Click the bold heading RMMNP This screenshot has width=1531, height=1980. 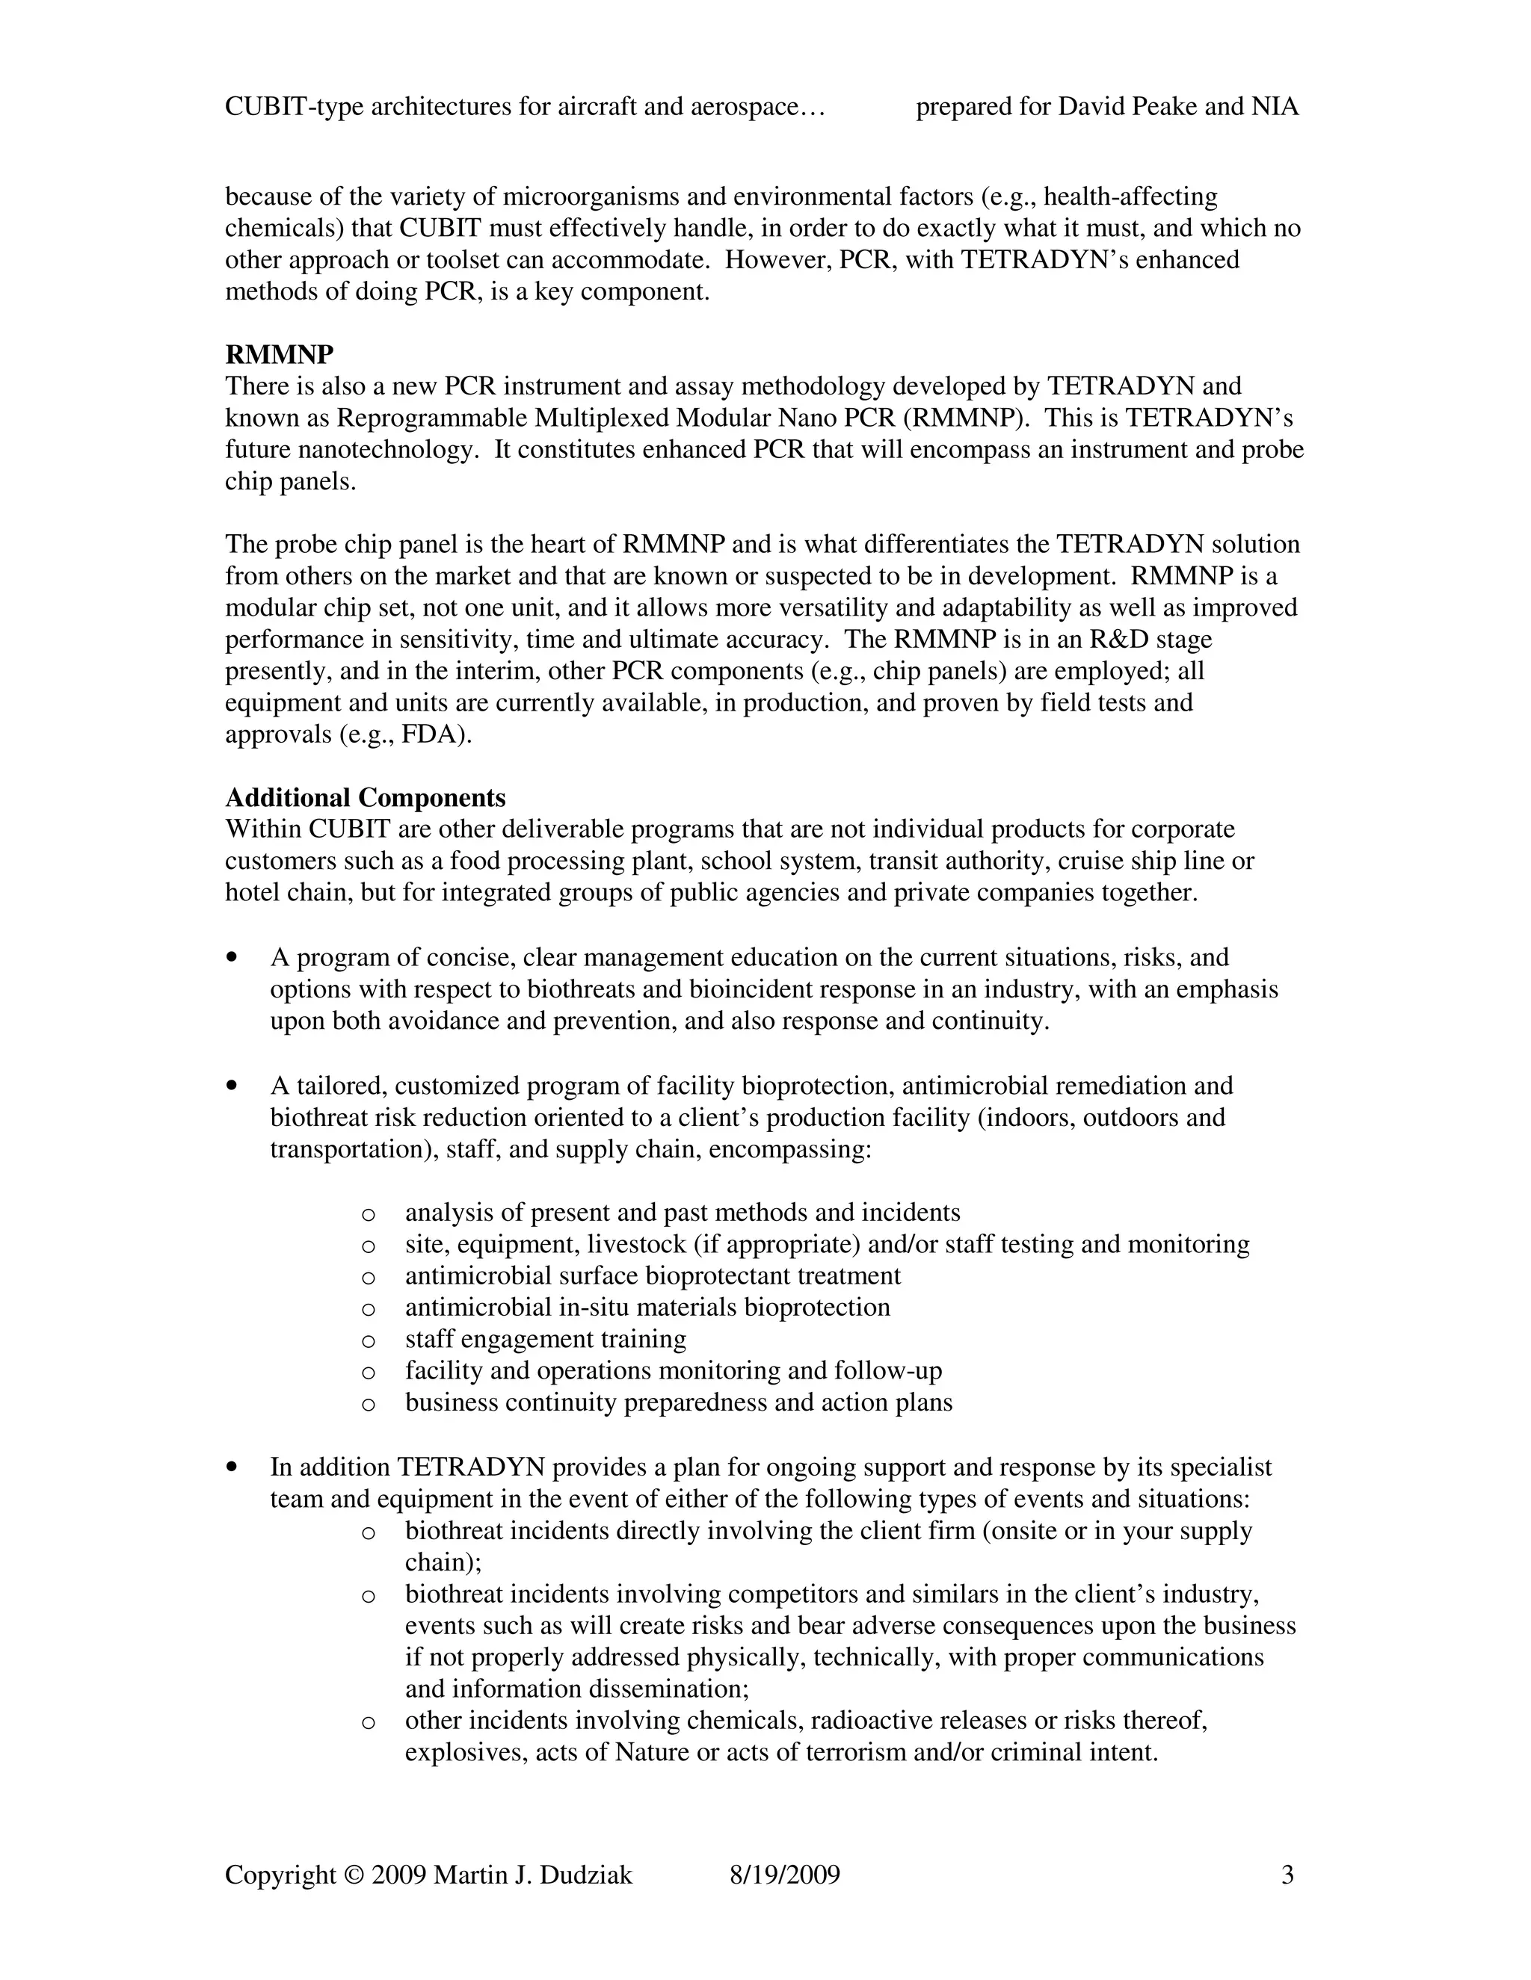[280, 354]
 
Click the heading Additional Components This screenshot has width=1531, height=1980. [365, 798]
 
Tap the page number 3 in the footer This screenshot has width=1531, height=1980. [1287, 1875]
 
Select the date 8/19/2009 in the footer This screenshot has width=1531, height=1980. [784, 1875]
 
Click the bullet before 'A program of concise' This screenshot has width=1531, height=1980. [235, 956]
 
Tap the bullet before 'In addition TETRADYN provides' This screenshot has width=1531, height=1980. [235, 1466]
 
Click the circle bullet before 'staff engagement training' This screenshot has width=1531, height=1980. [369, 1340]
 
